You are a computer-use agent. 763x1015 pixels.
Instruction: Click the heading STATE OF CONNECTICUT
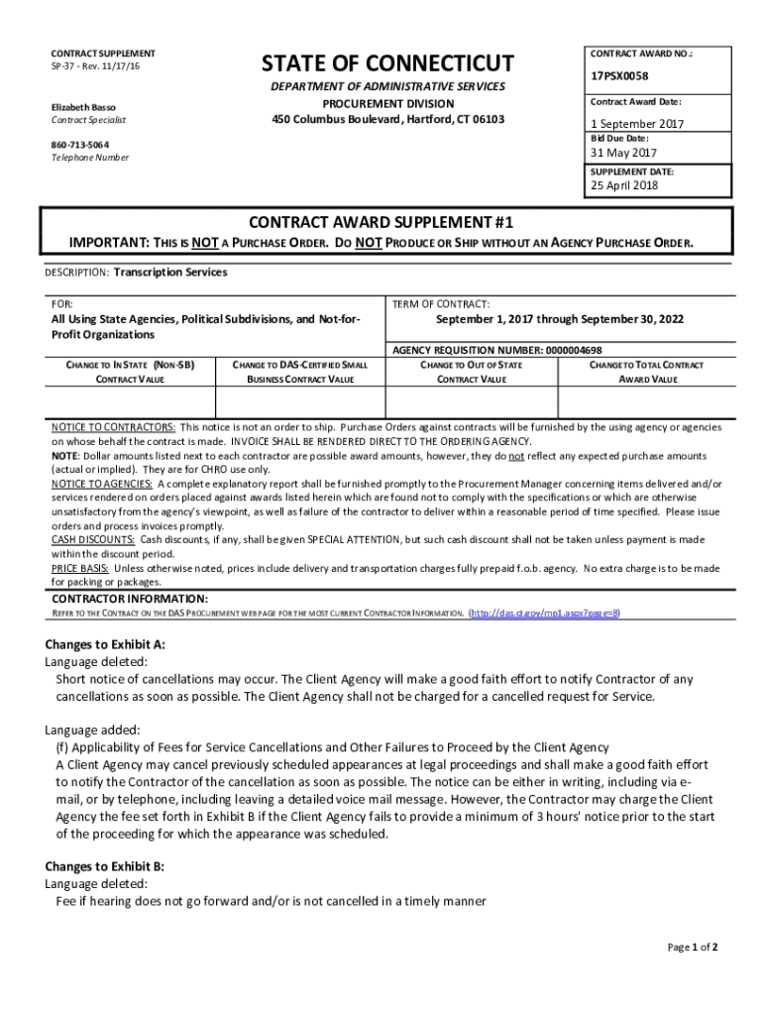[387, 64]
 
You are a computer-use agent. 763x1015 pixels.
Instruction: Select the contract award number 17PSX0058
[619, 75]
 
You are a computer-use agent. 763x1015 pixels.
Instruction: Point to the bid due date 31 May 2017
[623, 154]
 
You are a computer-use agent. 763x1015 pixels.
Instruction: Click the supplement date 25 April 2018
[624, 185]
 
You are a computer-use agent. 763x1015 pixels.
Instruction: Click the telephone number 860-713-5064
[80, 144]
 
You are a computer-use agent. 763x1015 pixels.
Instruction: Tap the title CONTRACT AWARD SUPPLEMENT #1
[381, 221]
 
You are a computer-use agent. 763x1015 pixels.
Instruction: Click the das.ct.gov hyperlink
[545, 614]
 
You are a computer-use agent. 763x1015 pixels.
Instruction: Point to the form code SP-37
[64, 65]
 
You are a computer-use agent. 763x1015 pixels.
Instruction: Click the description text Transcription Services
[170, 273]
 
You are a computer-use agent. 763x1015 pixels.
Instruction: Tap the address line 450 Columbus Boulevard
[387, 120]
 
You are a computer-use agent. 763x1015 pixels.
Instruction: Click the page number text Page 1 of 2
[692, 947]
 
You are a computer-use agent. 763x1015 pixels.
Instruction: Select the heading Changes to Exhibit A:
[105, 644]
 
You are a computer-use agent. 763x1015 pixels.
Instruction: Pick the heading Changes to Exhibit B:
[105, 866]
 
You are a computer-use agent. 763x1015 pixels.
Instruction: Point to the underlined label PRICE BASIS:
[80, 569]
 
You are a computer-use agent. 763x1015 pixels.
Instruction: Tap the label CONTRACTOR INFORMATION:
[130, 599]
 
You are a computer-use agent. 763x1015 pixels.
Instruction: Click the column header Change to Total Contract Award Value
[647, 372]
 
